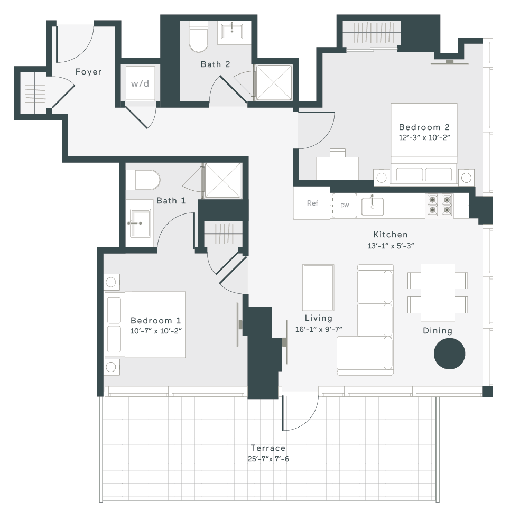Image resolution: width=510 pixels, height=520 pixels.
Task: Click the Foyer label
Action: tap(88, 72)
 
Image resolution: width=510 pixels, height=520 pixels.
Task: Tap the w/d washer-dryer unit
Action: tap(140, 83)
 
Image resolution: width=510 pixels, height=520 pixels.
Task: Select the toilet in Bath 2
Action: tap(198, 36)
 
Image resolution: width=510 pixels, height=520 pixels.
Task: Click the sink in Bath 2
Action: tap(231, 31)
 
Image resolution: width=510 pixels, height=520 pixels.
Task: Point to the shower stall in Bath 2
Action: tap(274, 82)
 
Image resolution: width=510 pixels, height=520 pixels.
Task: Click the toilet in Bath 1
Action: tap(143, 180)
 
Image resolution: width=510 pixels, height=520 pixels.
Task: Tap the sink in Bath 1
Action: tap(140, 223)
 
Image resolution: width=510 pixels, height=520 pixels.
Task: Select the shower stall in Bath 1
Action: tap(223, 181)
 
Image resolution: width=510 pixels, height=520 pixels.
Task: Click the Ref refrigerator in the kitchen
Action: tap(312, 203)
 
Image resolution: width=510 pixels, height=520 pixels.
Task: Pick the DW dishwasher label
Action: tap(345, 205)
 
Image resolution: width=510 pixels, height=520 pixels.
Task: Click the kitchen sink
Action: tap(373, 206)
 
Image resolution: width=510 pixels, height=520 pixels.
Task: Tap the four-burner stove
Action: tap(440, 205)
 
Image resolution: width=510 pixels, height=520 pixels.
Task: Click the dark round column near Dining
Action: tap(449, 354)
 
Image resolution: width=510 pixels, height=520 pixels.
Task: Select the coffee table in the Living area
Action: tap(318, 287)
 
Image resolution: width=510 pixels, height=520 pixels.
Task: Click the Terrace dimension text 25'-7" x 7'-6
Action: tap(268, 459)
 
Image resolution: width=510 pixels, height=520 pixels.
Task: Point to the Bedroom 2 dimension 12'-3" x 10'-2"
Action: tap(424, 137)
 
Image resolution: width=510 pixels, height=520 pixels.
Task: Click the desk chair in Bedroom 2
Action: tap(338, 153)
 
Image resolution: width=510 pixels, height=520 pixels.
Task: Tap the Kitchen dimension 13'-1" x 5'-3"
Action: tap(391, 246)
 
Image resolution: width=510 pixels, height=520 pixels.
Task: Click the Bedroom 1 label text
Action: tap(155, 320)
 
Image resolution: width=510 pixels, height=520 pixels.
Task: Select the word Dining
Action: tap(438, 331)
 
